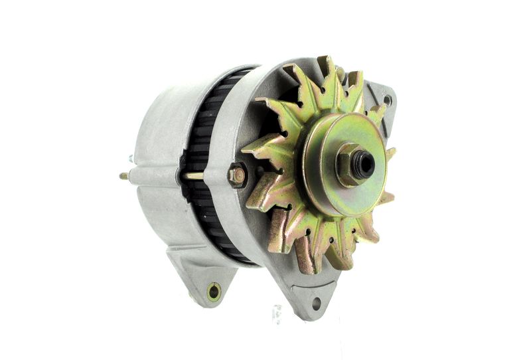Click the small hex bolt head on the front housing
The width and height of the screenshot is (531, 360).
point(237,175)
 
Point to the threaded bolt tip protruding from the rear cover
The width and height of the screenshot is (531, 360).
point(123,176)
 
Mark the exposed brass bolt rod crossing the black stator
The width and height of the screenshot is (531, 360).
point(194,176)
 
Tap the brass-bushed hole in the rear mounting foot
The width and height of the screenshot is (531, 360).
point(214,290)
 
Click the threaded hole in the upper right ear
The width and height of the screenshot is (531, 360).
point(387,100)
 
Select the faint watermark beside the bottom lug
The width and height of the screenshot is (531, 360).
point(277,311)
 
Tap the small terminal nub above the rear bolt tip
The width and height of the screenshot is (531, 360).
point(131,159)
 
